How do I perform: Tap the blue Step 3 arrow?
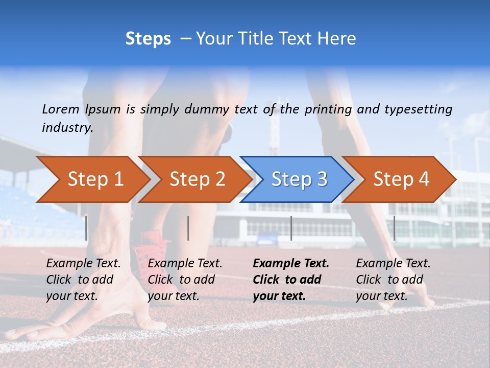(x=299, y=179)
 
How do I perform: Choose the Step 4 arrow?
(x=401, y=179)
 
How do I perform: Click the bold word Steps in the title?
(x=148, y=39)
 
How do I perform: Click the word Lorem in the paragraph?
(x=61, y=109)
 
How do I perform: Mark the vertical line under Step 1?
(x=86, y=228)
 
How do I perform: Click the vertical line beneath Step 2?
(x=188, y=228)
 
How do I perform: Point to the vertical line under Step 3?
(x=291, y=228)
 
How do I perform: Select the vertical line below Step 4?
(x=394, y=228)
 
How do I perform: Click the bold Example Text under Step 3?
(x=291, y=264)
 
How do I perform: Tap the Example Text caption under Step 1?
(x=83, y=264)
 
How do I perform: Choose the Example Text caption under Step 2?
(x=185, y=264)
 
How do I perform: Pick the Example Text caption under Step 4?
(x=393, y=264)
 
